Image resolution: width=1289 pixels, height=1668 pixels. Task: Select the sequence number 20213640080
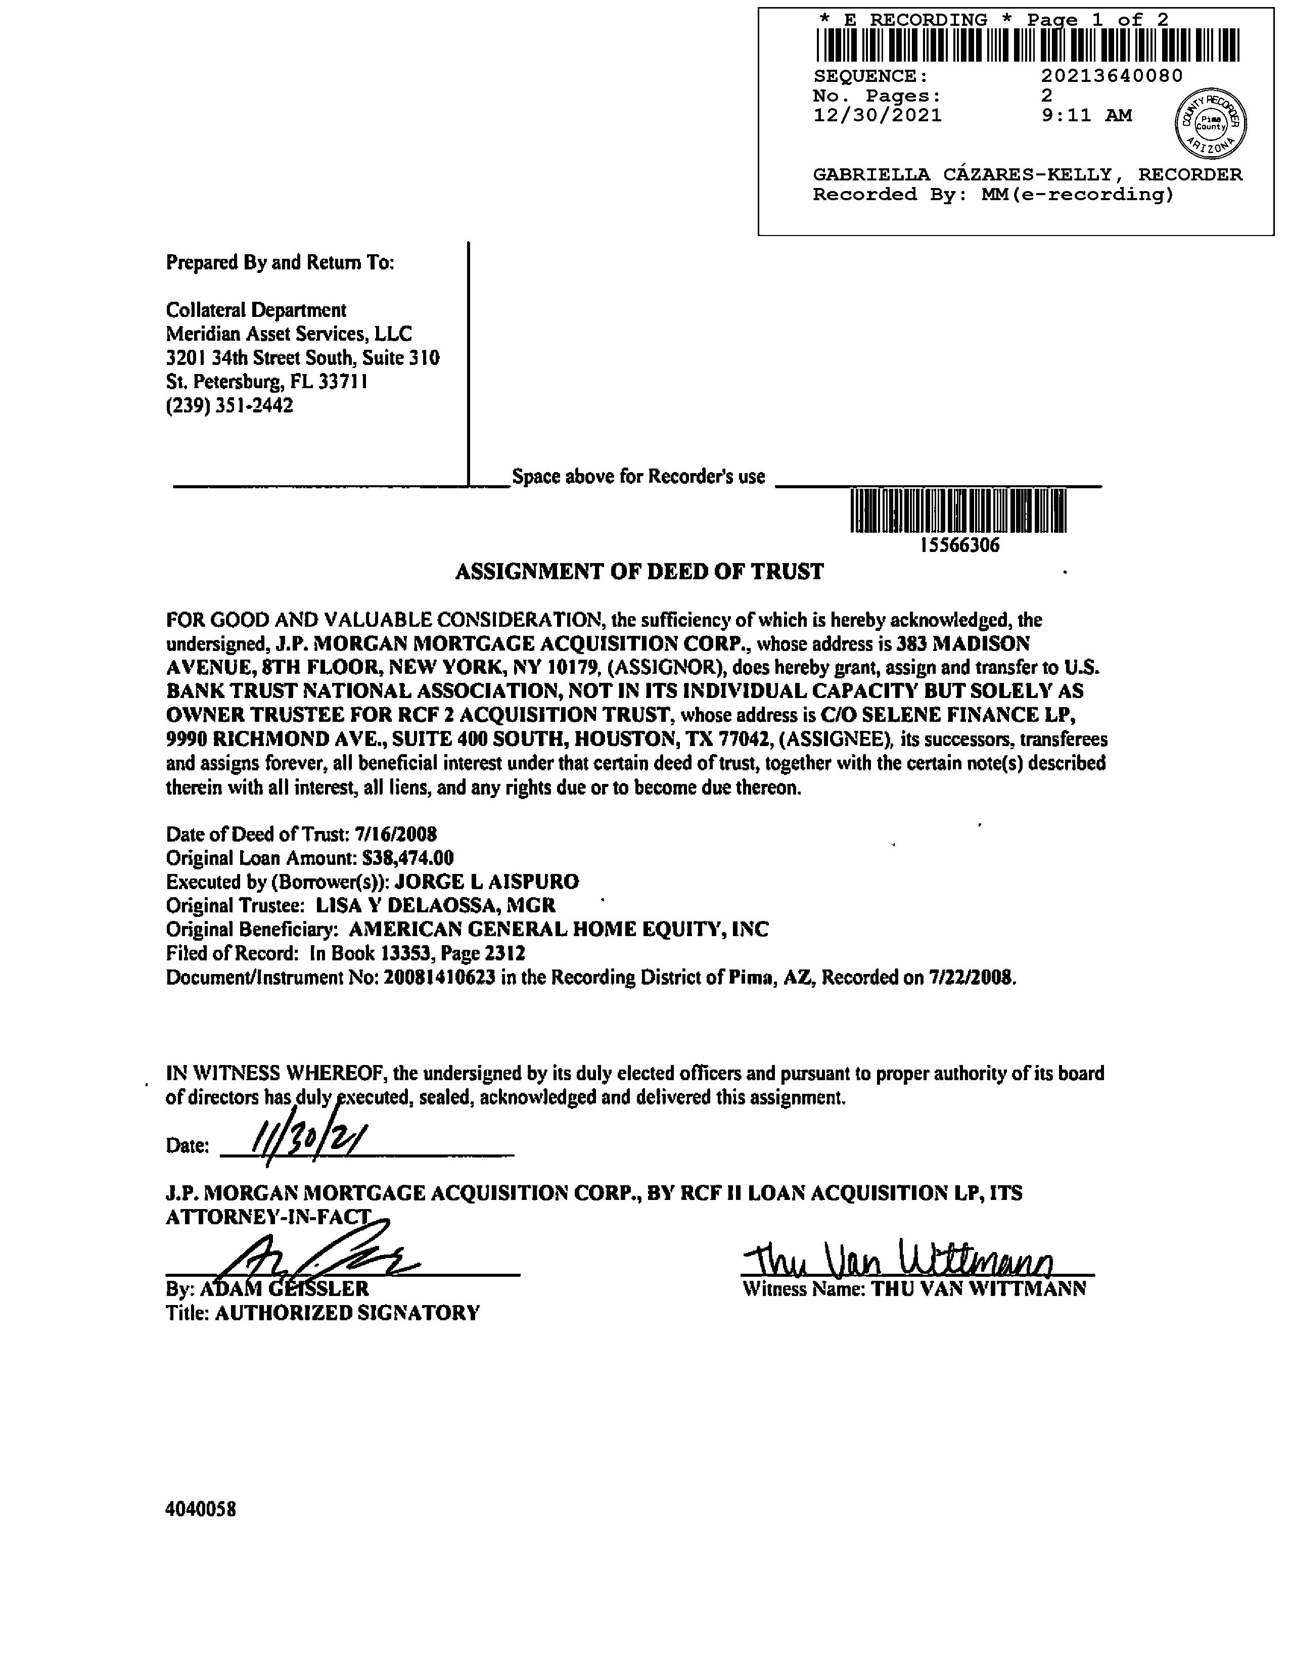(x=1111, y=76)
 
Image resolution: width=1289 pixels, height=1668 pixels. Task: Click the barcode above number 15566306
(x=958, y=511)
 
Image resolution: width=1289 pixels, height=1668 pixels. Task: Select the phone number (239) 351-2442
(x=229, y=405)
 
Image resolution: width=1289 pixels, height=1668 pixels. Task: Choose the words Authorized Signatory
(x=347, y=1313)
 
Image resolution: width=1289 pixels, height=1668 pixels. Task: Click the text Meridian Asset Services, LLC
(x=289, y=334)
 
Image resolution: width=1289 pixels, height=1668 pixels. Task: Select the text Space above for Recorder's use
(x=638, y=477)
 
